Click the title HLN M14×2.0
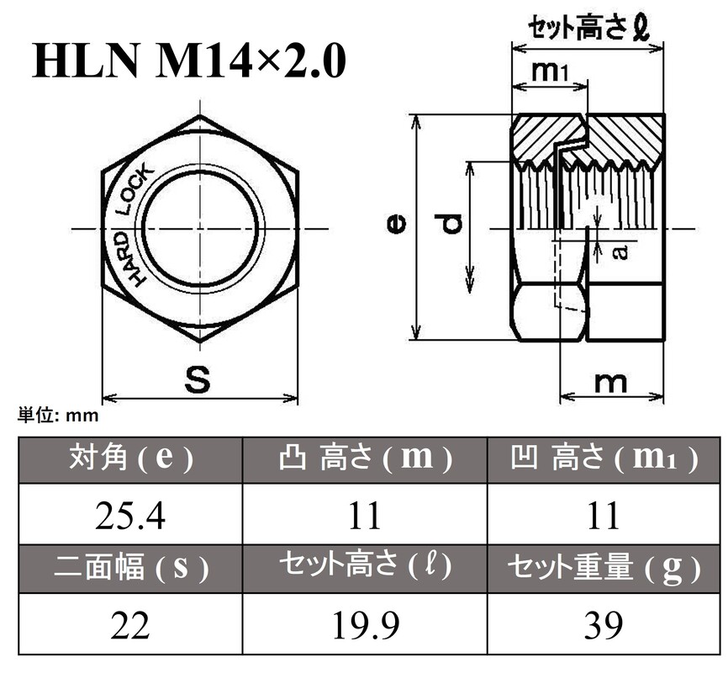189,63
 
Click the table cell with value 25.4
130,515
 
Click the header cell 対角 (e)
130,459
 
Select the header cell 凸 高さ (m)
365,459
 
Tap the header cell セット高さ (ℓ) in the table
365,570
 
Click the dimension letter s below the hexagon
198,380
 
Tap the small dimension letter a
620,252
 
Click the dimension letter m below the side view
610,381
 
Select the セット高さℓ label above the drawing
587,29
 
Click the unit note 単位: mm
59,415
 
